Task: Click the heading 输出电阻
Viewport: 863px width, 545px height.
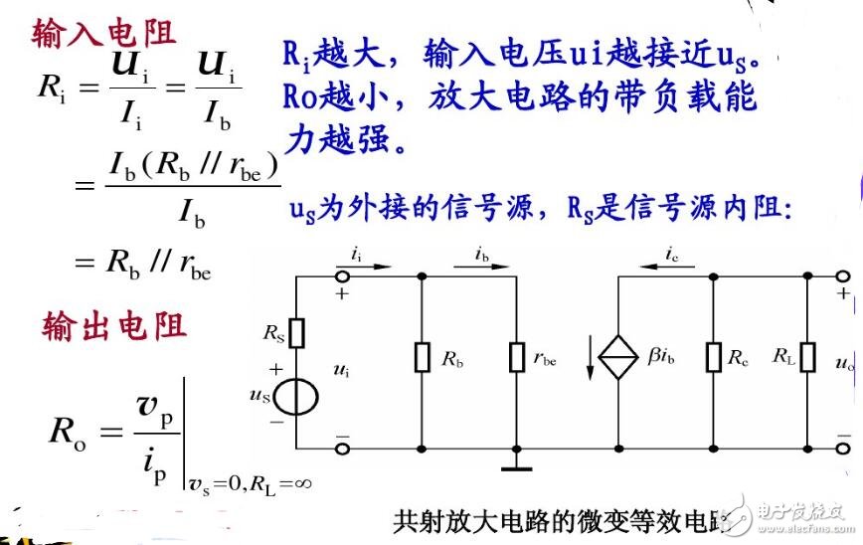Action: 114,325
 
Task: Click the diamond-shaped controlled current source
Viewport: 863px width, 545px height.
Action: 618,359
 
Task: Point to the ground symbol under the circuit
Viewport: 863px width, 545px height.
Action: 515,463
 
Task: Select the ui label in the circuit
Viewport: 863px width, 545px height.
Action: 342,370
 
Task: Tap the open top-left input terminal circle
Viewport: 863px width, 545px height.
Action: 343,277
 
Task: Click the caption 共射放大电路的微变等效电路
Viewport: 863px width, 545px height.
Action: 562,519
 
